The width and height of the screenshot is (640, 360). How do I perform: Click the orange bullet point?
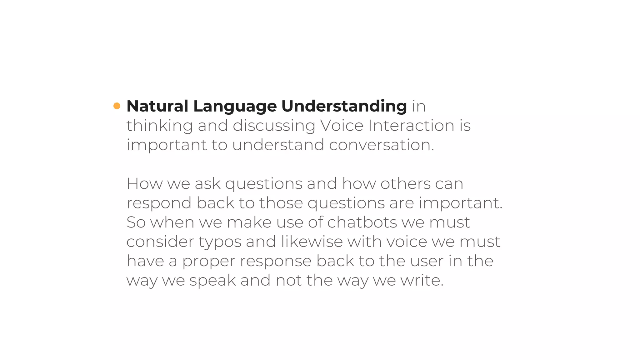point(117,106)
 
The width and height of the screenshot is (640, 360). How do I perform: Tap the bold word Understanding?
point(344,107)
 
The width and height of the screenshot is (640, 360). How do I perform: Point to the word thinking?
point(159,126)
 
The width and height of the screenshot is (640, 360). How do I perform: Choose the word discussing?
point(274,126)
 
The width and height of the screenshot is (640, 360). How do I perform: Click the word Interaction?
point(411,126)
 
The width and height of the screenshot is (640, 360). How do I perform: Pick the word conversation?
point(381,145)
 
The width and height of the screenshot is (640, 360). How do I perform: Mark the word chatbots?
point(362,222)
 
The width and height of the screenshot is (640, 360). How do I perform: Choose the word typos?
point(220,242)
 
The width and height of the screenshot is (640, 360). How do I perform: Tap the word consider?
point(160,242)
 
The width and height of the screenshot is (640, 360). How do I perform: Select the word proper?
point(208,262)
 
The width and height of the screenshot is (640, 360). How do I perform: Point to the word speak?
point(212,281)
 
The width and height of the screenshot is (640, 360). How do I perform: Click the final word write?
point(422,280)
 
